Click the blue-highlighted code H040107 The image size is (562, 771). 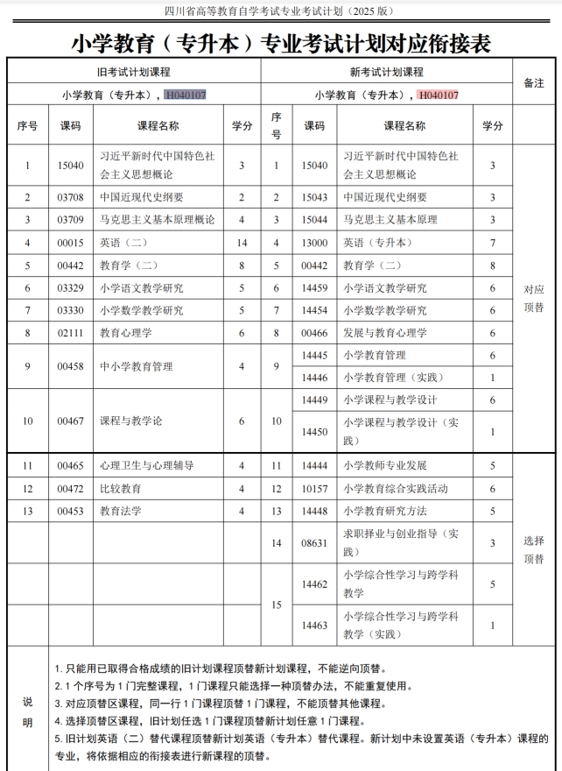[186, 95]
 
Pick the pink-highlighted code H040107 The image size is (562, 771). [438, 95]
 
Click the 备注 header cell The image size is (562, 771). [533, 82]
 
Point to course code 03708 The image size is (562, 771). [70, 197]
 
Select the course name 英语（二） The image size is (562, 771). [123, 242]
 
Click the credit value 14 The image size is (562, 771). [242, 242]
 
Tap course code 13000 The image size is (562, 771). [313, 242]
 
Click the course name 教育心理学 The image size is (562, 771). [125, 333]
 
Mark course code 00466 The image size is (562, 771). [313, 333]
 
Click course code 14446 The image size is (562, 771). [313, 378]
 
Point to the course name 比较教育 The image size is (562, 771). [120, 488]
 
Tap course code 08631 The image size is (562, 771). [313, 542]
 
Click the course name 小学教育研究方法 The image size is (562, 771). [385, 511]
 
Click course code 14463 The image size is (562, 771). [313, 625]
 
